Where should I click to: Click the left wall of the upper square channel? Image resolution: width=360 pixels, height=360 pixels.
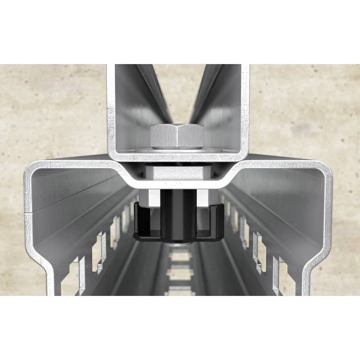pyautogui.click(x=111, y=108)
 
